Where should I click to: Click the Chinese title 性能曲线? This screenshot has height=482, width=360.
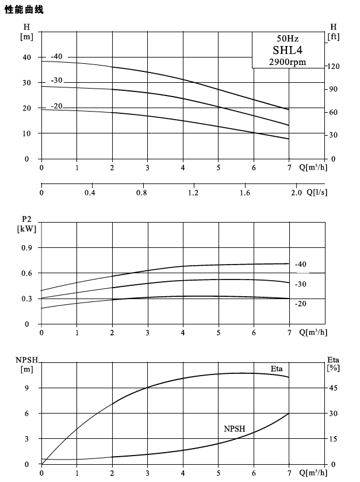coord(24,9)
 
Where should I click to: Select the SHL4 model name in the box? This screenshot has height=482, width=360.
coord(288,50)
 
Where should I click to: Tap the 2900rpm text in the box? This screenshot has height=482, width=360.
coord(288,62)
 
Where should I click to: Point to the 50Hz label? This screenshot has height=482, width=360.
coord(288,39)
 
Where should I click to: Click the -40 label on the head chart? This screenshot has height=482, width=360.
coord(56,56)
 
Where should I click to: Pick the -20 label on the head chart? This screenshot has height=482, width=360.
coord(56,106)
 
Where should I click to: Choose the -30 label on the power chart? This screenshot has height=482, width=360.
coord(301,284)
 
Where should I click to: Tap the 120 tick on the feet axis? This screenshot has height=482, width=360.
coord(333,66)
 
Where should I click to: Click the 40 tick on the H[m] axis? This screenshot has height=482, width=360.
coord(27,57)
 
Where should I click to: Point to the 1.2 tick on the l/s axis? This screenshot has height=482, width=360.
coord(193,193)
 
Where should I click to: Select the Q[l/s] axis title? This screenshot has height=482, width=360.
coord(317,193)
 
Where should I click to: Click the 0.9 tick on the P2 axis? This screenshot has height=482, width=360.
coord(27,248)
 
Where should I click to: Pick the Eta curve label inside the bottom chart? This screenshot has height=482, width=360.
coord(277,369)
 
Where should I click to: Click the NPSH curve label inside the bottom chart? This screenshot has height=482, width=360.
coord(235,429)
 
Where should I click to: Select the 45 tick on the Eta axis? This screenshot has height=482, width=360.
coord(333,388)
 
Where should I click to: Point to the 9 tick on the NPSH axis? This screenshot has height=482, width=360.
coord(27,388)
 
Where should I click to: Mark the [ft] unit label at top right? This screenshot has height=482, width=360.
coord(334,37)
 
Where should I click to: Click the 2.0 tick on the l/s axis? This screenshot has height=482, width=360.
coord(296,193)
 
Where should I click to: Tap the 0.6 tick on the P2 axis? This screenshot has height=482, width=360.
coord(27,273)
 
